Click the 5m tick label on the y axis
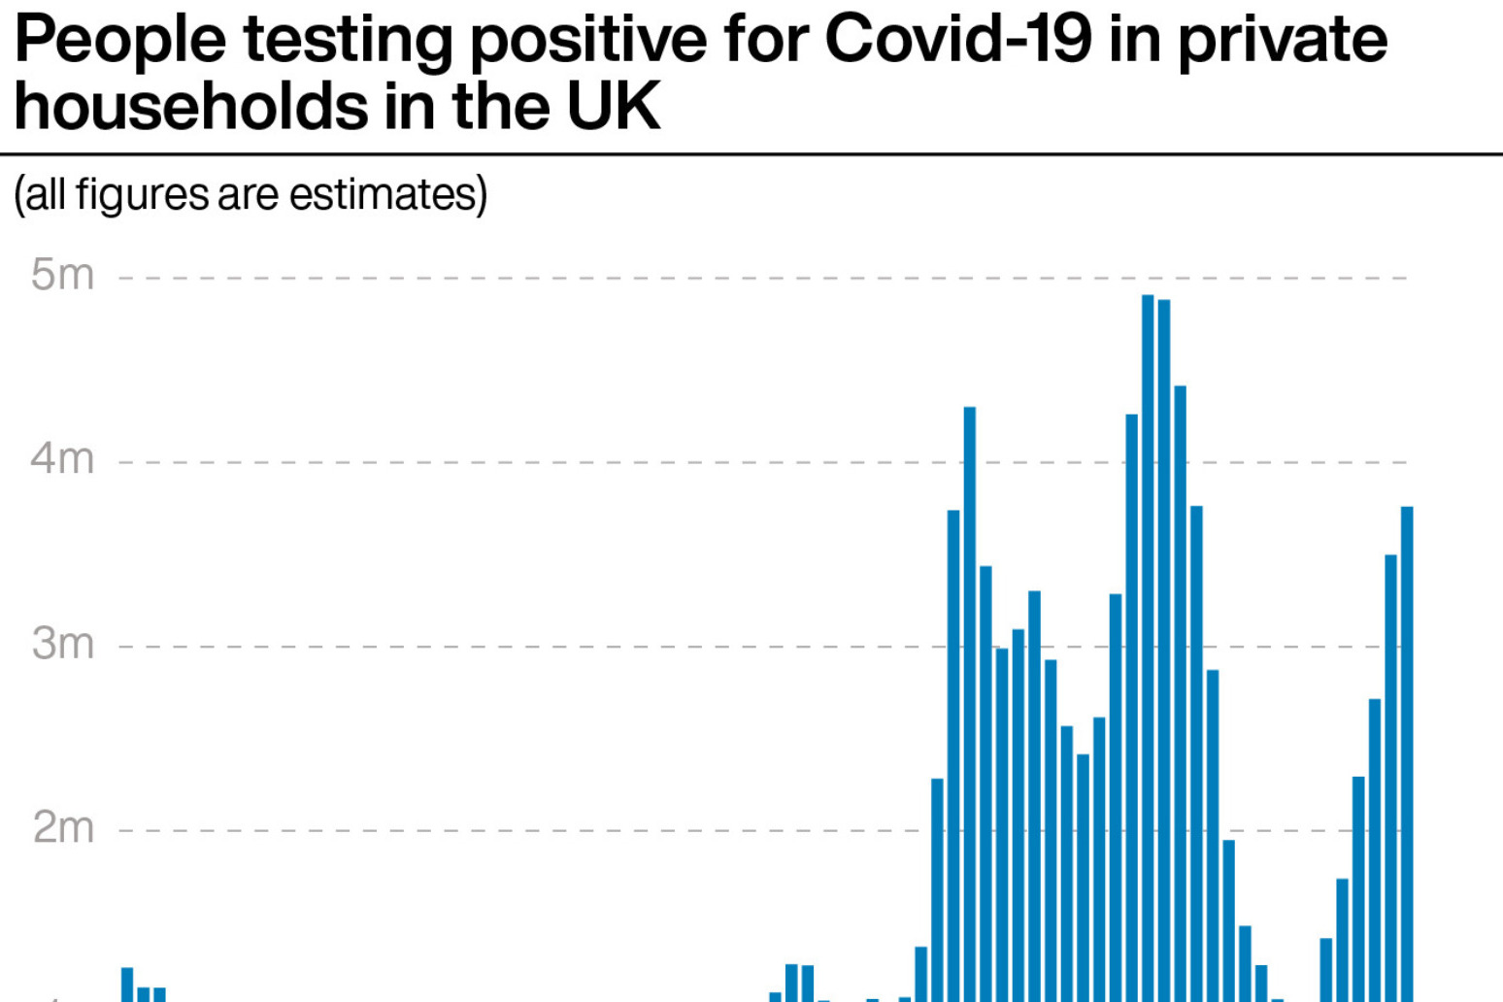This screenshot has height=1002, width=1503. point(62,276)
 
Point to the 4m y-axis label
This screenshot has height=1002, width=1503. point(62,459)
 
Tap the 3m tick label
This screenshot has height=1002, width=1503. point(62,644)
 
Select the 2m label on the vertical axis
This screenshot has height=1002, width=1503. point(62,828)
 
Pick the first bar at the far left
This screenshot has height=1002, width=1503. point(127,985)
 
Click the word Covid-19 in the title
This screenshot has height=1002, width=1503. point(957,40)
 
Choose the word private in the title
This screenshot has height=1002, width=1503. point(1282,40)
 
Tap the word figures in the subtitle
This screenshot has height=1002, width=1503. point(142,193)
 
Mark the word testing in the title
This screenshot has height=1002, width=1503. point(348,40)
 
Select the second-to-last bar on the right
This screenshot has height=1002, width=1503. point(1390,778)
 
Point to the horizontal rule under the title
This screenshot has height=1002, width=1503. point(751,153)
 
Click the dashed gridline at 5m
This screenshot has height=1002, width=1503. point(680,279)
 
